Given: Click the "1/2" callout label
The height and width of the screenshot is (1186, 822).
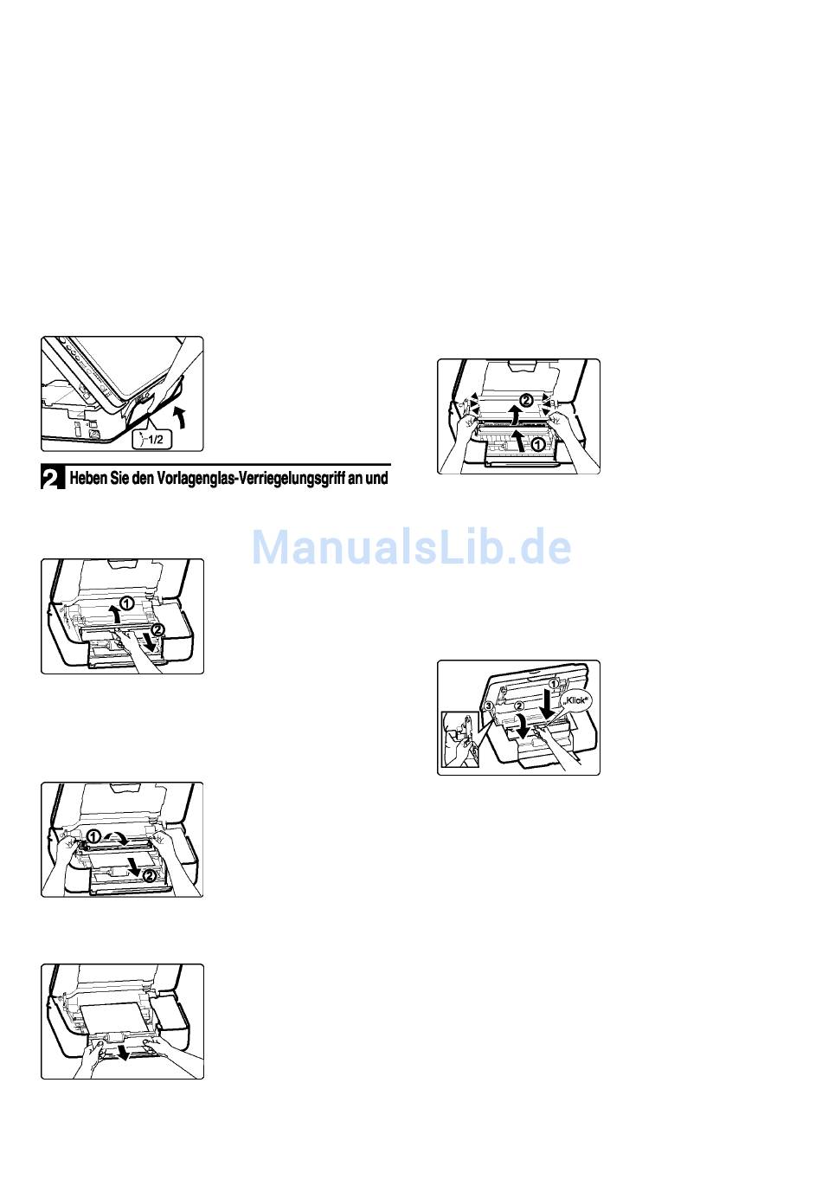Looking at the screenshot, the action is point(152,439).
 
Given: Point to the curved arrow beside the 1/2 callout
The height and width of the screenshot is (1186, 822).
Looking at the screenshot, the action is point(182,416).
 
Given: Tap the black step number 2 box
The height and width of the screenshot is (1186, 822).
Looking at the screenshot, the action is point(53,478).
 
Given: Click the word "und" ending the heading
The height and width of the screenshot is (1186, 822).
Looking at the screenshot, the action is point(377,479).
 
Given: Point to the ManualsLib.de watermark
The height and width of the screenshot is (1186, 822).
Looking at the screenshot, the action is point(411,547).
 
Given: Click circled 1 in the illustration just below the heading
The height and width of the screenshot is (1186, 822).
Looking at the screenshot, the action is point(127,602).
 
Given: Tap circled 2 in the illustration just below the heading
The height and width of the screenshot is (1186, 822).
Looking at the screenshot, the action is point(157,629).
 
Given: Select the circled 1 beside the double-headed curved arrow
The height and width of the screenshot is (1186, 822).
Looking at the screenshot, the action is point(93,836).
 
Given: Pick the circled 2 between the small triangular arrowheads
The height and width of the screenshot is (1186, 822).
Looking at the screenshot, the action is point(525,400).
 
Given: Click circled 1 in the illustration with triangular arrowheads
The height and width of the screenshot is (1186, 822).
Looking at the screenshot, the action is point(537,445).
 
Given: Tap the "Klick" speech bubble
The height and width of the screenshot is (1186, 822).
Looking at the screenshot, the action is point(575,700).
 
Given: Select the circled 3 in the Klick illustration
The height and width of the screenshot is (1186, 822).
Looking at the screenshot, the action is point(489,706).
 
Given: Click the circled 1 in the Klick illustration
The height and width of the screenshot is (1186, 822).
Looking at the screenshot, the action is point(554,684).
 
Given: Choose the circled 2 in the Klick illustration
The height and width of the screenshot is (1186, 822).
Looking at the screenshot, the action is point(519,706).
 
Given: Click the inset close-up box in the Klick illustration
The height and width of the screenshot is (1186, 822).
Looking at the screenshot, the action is point(460,739).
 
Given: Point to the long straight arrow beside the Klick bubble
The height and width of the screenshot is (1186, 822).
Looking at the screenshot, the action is point(549,706).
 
